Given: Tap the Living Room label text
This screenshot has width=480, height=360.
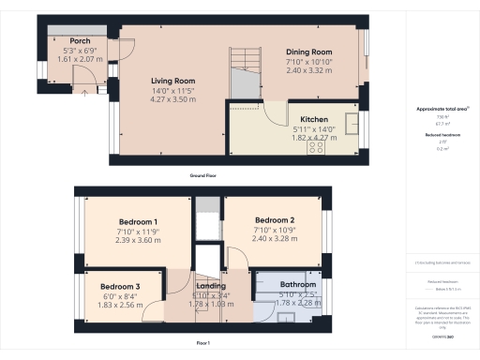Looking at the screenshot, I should coord(172,81).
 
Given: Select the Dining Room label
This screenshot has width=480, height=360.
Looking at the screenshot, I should coord(308,52).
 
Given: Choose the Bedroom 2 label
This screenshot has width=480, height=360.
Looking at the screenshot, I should coord(274,219).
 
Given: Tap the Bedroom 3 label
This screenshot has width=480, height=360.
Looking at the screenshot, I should coord(120,286).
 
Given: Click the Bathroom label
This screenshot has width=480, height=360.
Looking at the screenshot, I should coord(297,283).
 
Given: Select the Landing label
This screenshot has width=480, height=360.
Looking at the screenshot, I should coord(211,286).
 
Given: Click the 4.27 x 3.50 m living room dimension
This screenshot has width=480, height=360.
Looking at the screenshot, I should coord(172,97).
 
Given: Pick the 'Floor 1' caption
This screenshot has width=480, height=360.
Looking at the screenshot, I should coord(203,343).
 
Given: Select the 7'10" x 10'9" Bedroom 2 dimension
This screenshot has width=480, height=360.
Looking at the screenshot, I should coord(274,229).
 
